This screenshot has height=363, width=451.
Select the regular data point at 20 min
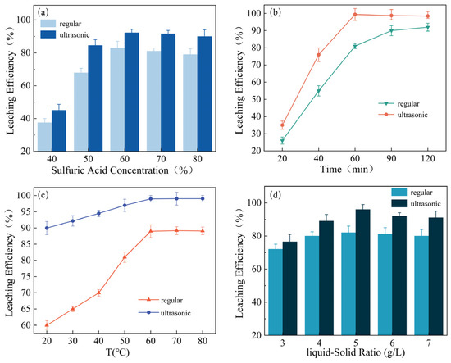[282, 140]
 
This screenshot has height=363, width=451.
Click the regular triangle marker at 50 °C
[125, 256]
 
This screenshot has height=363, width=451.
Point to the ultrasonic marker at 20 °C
[48, 228]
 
